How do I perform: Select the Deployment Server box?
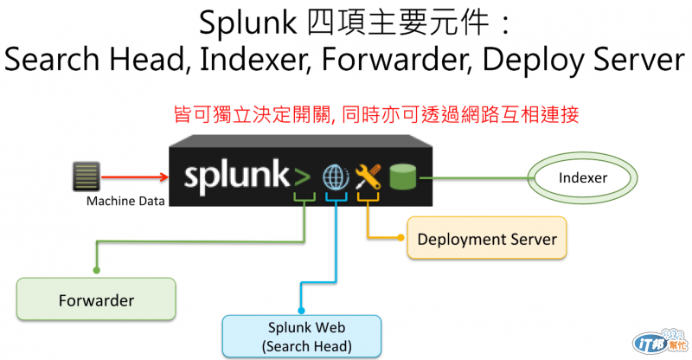tap(487, 239)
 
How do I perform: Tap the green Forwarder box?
tap(96, 300)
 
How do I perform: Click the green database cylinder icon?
tap(402, 177)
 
